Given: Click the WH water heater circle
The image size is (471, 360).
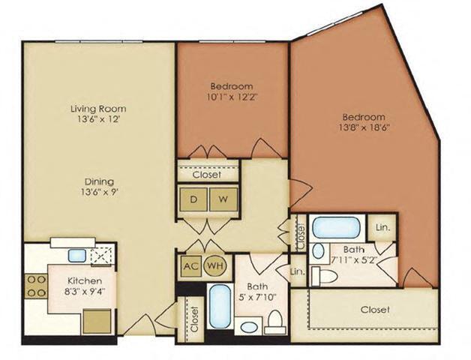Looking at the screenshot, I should point(214,265).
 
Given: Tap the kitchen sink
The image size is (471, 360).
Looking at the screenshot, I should point(76,255).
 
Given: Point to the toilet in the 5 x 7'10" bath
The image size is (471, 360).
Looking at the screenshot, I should point(274,322).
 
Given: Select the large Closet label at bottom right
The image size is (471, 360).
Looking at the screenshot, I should point(374,309).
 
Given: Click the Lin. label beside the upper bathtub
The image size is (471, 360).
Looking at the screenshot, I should point(382,226).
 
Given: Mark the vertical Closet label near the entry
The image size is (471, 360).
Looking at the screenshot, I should point(193,319).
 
